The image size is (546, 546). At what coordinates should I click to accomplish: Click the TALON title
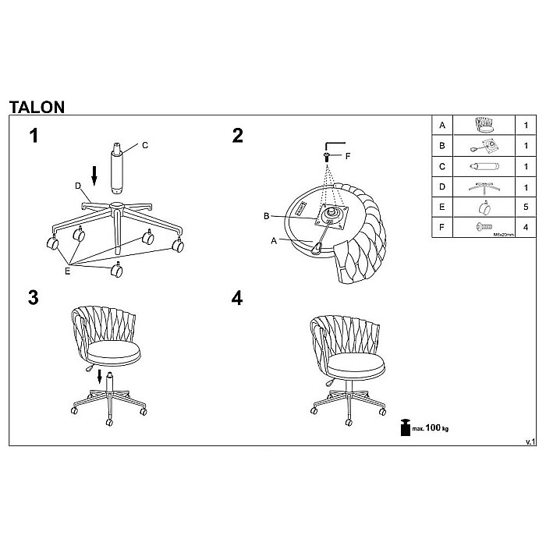coord(37,107)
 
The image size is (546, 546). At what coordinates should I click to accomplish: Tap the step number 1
coord(34,136)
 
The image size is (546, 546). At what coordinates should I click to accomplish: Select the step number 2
coord(238,136)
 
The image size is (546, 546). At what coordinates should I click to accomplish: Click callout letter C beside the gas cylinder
coord(145,145)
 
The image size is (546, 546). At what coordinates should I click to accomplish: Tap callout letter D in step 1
coord(78,186)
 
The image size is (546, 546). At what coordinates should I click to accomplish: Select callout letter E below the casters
coord(67,271)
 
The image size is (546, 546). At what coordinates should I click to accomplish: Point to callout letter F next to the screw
coord(348,156)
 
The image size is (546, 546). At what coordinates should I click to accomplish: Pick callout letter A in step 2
coord(274,241)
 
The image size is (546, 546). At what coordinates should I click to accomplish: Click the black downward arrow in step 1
coord(94,175)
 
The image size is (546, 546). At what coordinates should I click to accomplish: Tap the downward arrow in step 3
coord(100,378)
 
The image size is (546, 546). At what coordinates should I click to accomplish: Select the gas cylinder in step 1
coord(117,166)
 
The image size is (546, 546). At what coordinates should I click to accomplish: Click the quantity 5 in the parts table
coord(526,207)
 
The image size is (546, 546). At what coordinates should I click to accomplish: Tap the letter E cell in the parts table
coord(442,207)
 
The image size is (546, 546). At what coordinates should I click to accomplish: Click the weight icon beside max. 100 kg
coord(405,427)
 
